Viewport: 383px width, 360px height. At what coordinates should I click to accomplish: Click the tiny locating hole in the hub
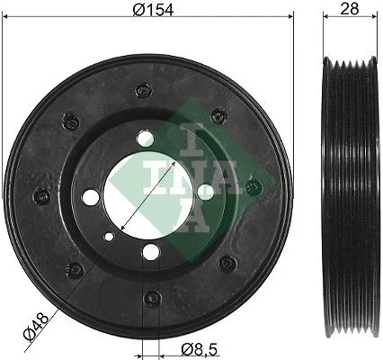pyautogui.click(x=109, y=237)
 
